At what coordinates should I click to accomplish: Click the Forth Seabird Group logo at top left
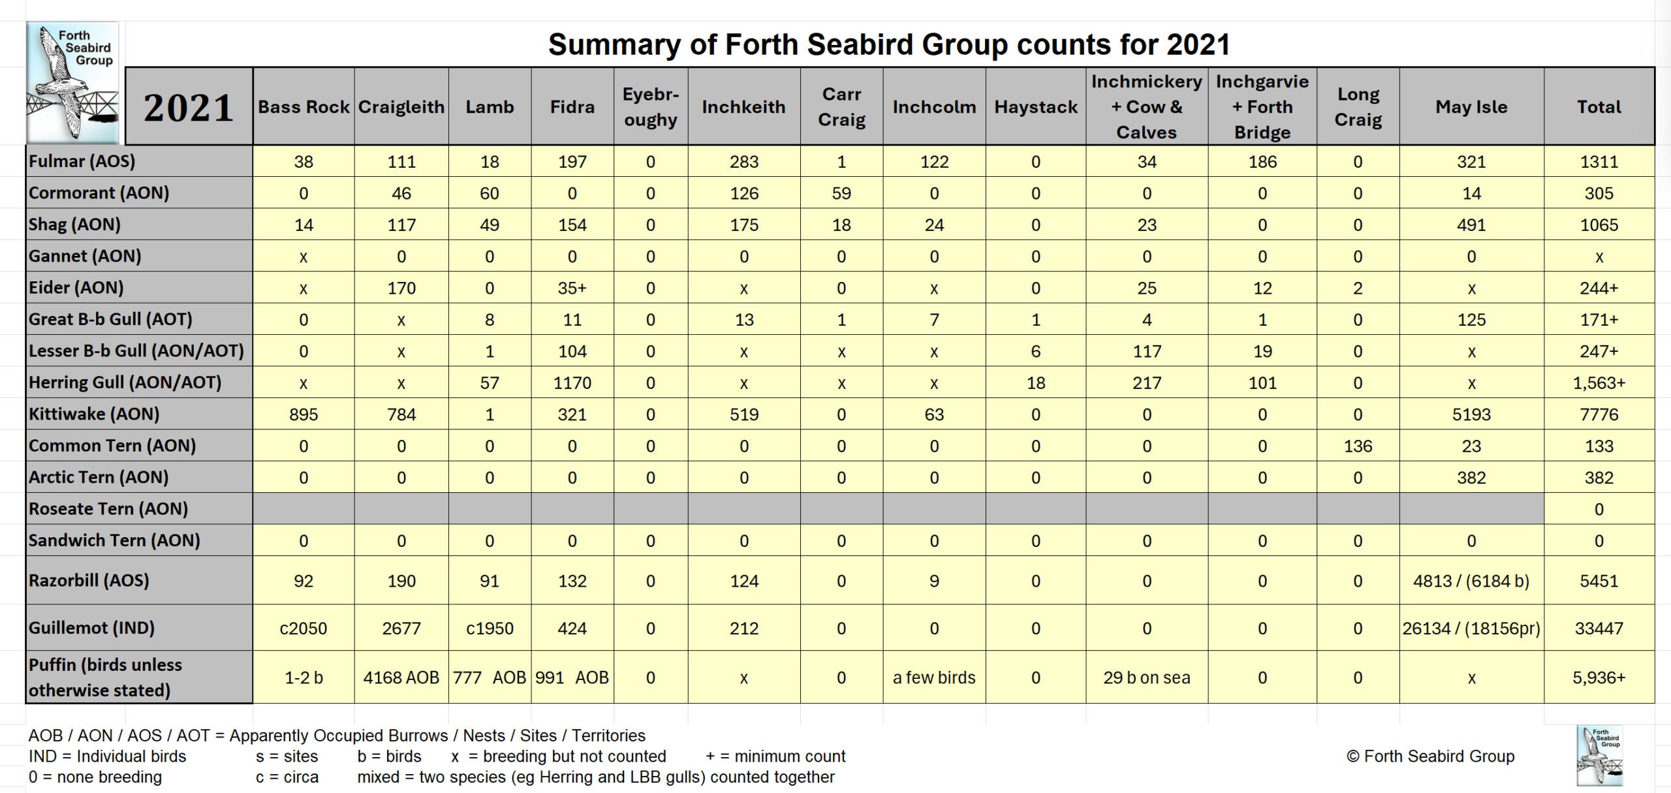[x=72, y=82]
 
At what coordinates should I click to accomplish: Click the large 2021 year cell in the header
[x=189, y=107]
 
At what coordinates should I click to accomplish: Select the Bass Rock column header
[x=304, y=107]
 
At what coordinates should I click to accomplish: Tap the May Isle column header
[x=1471, y=107]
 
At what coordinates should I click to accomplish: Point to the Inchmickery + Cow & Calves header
[x=1146, y=107]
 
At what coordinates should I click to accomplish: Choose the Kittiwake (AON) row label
[x=94, y=414]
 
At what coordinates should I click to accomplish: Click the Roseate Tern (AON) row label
[x=108, y=508]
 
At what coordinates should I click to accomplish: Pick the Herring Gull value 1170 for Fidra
[x=572, y=382]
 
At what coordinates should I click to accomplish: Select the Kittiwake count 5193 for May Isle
[x=1471, y=414]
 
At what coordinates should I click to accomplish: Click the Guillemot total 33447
[x=1599, y=629]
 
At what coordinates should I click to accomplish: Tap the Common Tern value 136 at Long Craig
[x=1358, y=446]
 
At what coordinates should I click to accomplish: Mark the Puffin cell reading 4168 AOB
[x=401, y=677]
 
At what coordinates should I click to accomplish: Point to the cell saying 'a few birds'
[x=933, y=677]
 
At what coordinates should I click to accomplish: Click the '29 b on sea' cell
[x=1146, y=677]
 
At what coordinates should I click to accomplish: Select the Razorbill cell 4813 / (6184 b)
[x=1471, y=581]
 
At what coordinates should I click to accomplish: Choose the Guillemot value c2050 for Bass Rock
[x=304, y=629]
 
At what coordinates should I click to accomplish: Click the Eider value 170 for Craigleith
[x=401, y=288]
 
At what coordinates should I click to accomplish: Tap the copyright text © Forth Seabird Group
[x=1429, y=756]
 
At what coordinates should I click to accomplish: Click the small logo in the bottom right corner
[x=1599, y=755]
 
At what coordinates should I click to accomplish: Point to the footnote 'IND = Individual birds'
[x=108, y=756]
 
